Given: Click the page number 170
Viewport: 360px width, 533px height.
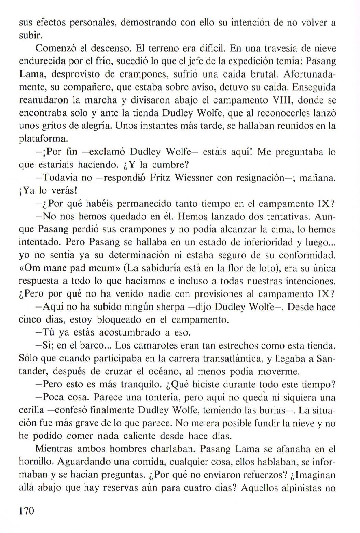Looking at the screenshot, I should pyautogui.click(x=27, y=511).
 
